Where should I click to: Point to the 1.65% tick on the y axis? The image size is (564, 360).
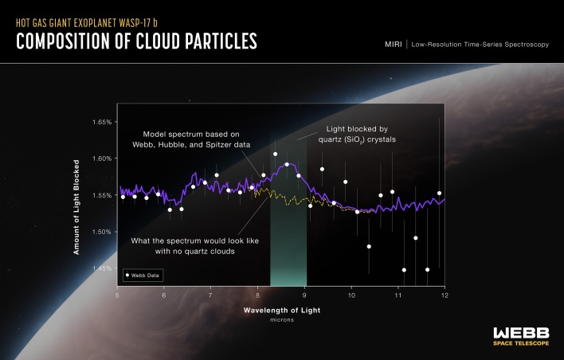[x=101, y=122]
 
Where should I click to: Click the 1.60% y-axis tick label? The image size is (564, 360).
[x=101, y=158]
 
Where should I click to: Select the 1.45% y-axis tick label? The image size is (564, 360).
[x=101, y=268]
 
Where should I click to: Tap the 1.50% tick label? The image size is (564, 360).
[x=101, y=232]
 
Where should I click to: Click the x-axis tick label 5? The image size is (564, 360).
[x=118, y=295]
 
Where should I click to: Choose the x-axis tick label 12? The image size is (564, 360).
[x=444, y=295]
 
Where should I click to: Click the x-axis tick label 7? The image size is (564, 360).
[x=211, y=295]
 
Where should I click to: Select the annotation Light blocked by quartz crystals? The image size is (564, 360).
[x=361, y=133]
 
